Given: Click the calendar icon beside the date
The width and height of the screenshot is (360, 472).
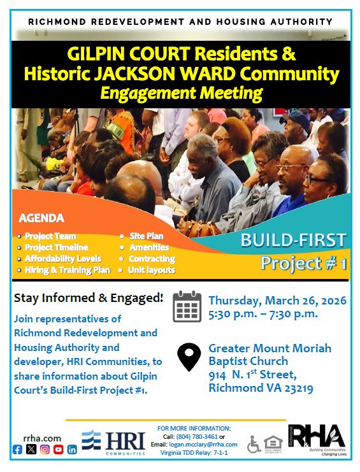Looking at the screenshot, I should tap(187, 306).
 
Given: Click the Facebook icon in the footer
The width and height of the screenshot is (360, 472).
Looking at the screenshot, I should tap(17, 449).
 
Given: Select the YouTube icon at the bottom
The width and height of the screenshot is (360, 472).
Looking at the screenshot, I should tap(59, 449).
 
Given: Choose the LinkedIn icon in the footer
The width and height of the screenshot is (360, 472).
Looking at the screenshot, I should tap(72, 449).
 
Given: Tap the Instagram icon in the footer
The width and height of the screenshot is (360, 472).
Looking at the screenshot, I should tap(45, 449).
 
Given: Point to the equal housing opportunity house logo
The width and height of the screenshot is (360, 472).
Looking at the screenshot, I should tap(271, 443).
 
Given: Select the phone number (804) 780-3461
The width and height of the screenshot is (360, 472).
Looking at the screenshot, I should tap(197, 436).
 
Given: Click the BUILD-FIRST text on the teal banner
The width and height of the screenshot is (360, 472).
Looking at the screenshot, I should tap(293, 241).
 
